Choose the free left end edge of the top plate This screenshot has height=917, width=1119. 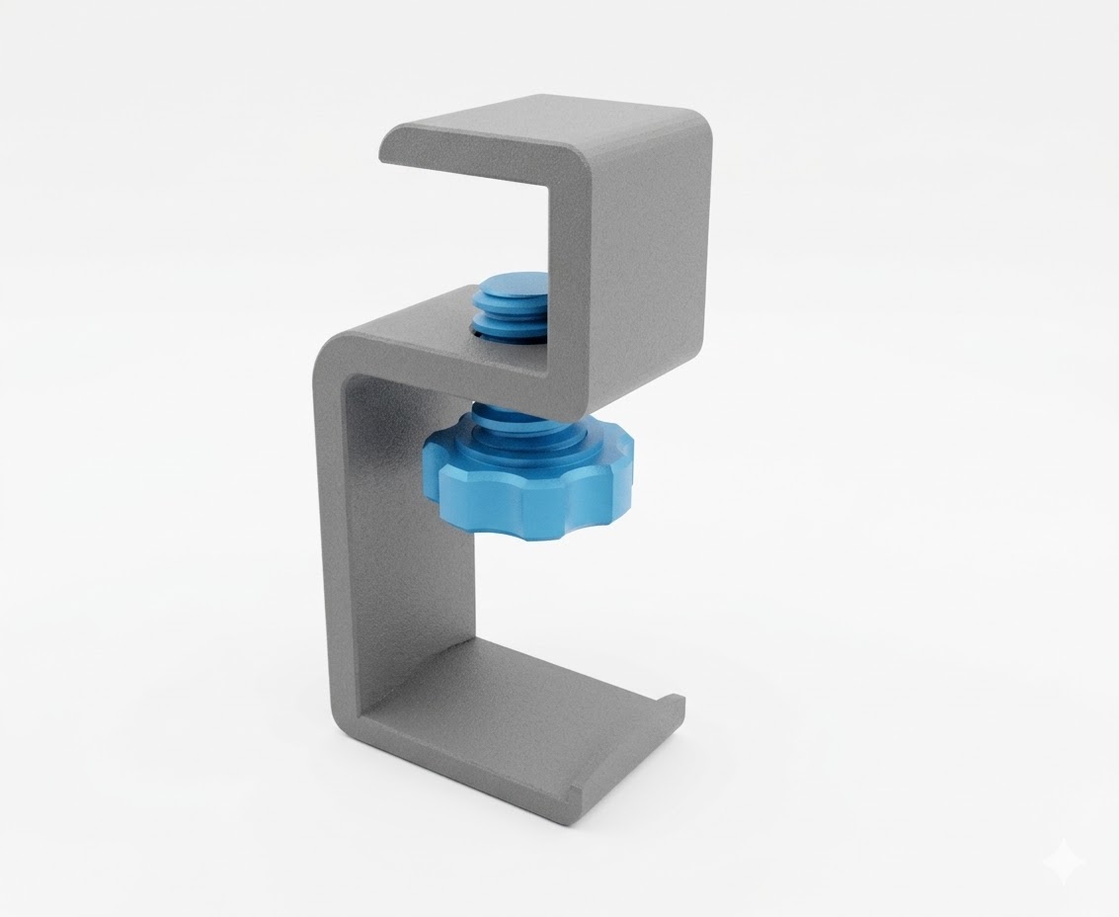388,147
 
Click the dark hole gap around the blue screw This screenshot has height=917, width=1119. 476,333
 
